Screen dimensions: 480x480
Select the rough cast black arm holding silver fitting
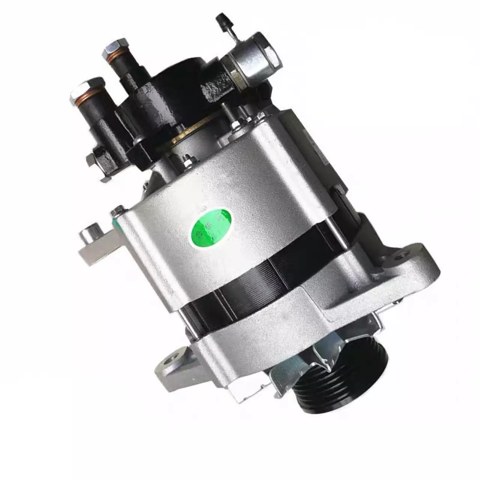217,88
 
